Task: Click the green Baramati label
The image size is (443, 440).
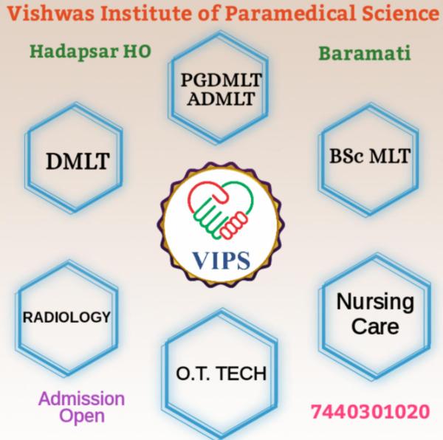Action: [x=365, y=54]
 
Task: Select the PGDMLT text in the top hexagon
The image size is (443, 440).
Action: [x=221, y=80]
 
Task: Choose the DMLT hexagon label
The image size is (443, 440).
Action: [x=77, y=159]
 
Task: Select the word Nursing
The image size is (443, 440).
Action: [x=374, y=303]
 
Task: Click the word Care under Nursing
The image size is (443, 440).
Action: [x=374, y=326]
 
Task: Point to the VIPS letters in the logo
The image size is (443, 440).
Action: [x=221, y=261]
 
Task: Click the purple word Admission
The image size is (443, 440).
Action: [x=81, y=399]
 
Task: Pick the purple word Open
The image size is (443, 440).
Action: [x=81, y=416]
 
